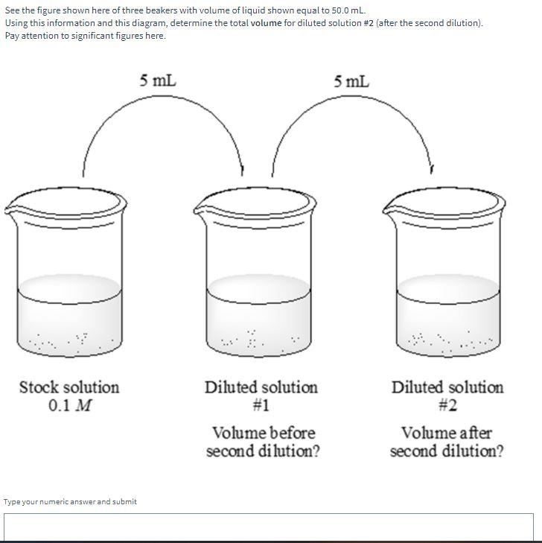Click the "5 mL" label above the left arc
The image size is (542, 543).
[158, 80]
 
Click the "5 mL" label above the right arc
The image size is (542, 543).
[351, 80]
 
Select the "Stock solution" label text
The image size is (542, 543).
[68, 387]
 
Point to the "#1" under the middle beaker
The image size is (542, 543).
[261, 406]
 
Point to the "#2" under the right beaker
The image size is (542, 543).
[447, 406]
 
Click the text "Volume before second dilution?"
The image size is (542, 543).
[263, 442]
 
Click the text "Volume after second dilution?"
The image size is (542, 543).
[447, 442]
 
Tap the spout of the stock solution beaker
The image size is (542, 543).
[11, 209]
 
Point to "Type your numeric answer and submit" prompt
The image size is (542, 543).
[70, 501]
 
